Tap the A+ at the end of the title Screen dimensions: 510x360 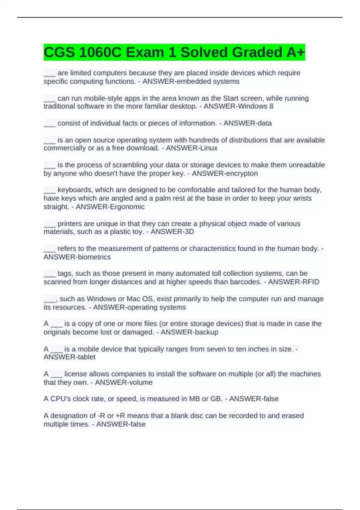pos(295,52)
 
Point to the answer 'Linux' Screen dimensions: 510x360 pos(208,148)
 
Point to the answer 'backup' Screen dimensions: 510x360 pos(206,332)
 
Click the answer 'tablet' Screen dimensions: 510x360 pos(86,357)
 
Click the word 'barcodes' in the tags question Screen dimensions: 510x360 pos(245,282)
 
